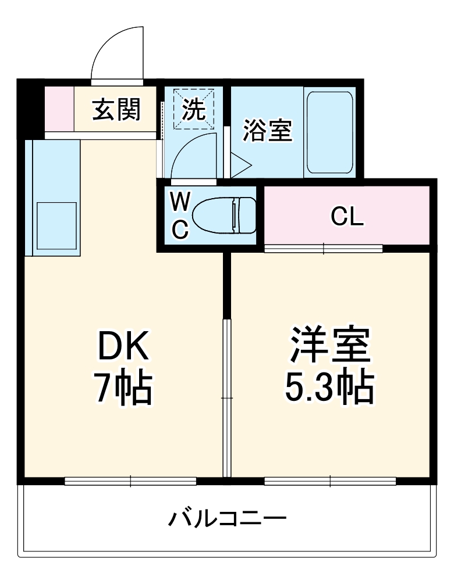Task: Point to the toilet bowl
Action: [x=224, y=216]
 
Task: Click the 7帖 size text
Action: [x=123, y=388]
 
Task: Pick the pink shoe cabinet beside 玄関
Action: [x=59, y=109]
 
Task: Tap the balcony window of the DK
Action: [x=130, y=481]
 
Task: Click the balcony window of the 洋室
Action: [x=330, y=481]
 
